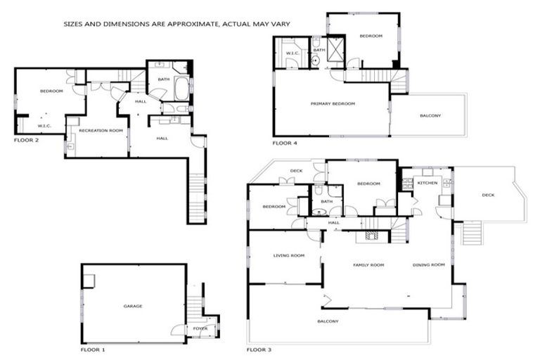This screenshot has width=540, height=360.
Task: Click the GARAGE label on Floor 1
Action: [x=133, y=307]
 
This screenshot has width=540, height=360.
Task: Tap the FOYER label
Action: [x=200, y=328]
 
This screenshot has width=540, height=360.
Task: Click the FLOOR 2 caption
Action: [x=27, y=140]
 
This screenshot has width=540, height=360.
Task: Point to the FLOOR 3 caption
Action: [x=259, y=349]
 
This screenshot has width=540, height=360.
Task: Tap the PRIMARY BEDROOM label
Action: [x=333, y=104]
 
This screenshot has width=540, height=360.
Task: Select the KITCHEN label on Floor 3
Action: [x=427, y=183]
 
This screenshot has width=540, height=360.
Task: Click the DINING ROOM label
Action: [x=429, y=264]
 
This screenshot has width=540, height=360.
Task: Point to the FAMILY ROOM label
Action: [x=368, y=265]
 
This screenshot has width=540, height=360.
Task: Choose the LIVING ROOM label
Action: [x=288, y=256]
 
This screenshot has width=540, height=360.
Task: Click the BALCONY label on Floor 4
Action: [x=430, y=115]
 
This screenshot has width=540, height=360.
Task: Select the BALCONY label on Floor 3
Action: [x=328, y=321]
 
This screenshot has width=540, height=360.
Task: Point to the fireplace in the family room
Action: [x=371, y=237]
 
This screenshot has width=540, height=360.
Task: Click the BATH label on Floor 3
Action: [x=326, y=202]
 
